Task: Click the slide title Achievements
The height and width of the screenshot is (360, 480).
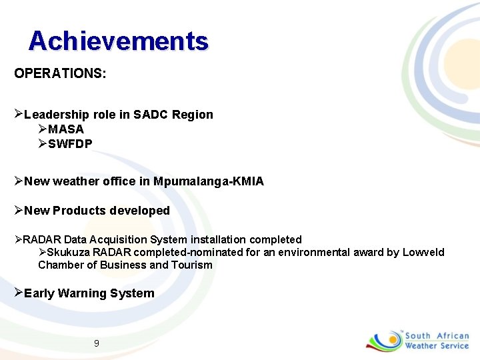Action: [x=119, y=41]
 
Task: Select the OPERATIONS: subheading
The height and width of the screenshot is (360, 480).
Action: [x=60, y=73]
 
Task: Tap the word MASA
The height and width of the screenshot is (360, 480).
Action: [x=66, y=129]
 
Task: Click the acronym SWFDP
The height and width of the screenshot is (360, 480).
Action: [x=70, y=144]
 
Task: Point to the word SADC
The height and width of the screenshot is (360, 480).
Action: [x=151, y=115]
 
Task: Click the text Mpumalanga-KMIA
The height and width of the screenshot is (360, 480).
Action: [x=209, y=181]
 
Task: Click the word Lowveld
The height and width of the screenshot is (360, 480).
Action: [x=423, y=253]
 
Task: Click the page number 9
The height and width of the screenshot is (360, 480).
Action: [x=97, y=343]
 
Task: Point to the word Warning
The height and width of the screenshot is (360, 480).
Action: [x=81, y=293]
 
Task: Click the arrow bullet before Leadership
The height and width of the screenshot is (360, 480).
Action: [x=19, y=114]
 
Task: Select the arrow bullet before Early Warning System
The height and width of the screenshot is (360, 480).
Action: [x=19, y=293]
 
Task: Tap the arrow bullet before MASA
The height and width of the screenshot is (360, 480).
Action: [x=43, y=129]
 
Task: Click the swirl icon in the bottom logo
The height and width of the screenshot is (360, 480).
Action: [x=384, y=340]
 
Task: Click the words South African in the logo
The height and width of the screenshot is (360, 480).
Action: [x=437, y=336]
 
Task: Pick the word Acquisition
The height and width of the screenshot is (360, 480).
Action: [x=119, y=239]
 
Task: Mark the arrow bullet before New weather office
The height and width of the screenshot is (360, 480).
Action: [x=19, y=181]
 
